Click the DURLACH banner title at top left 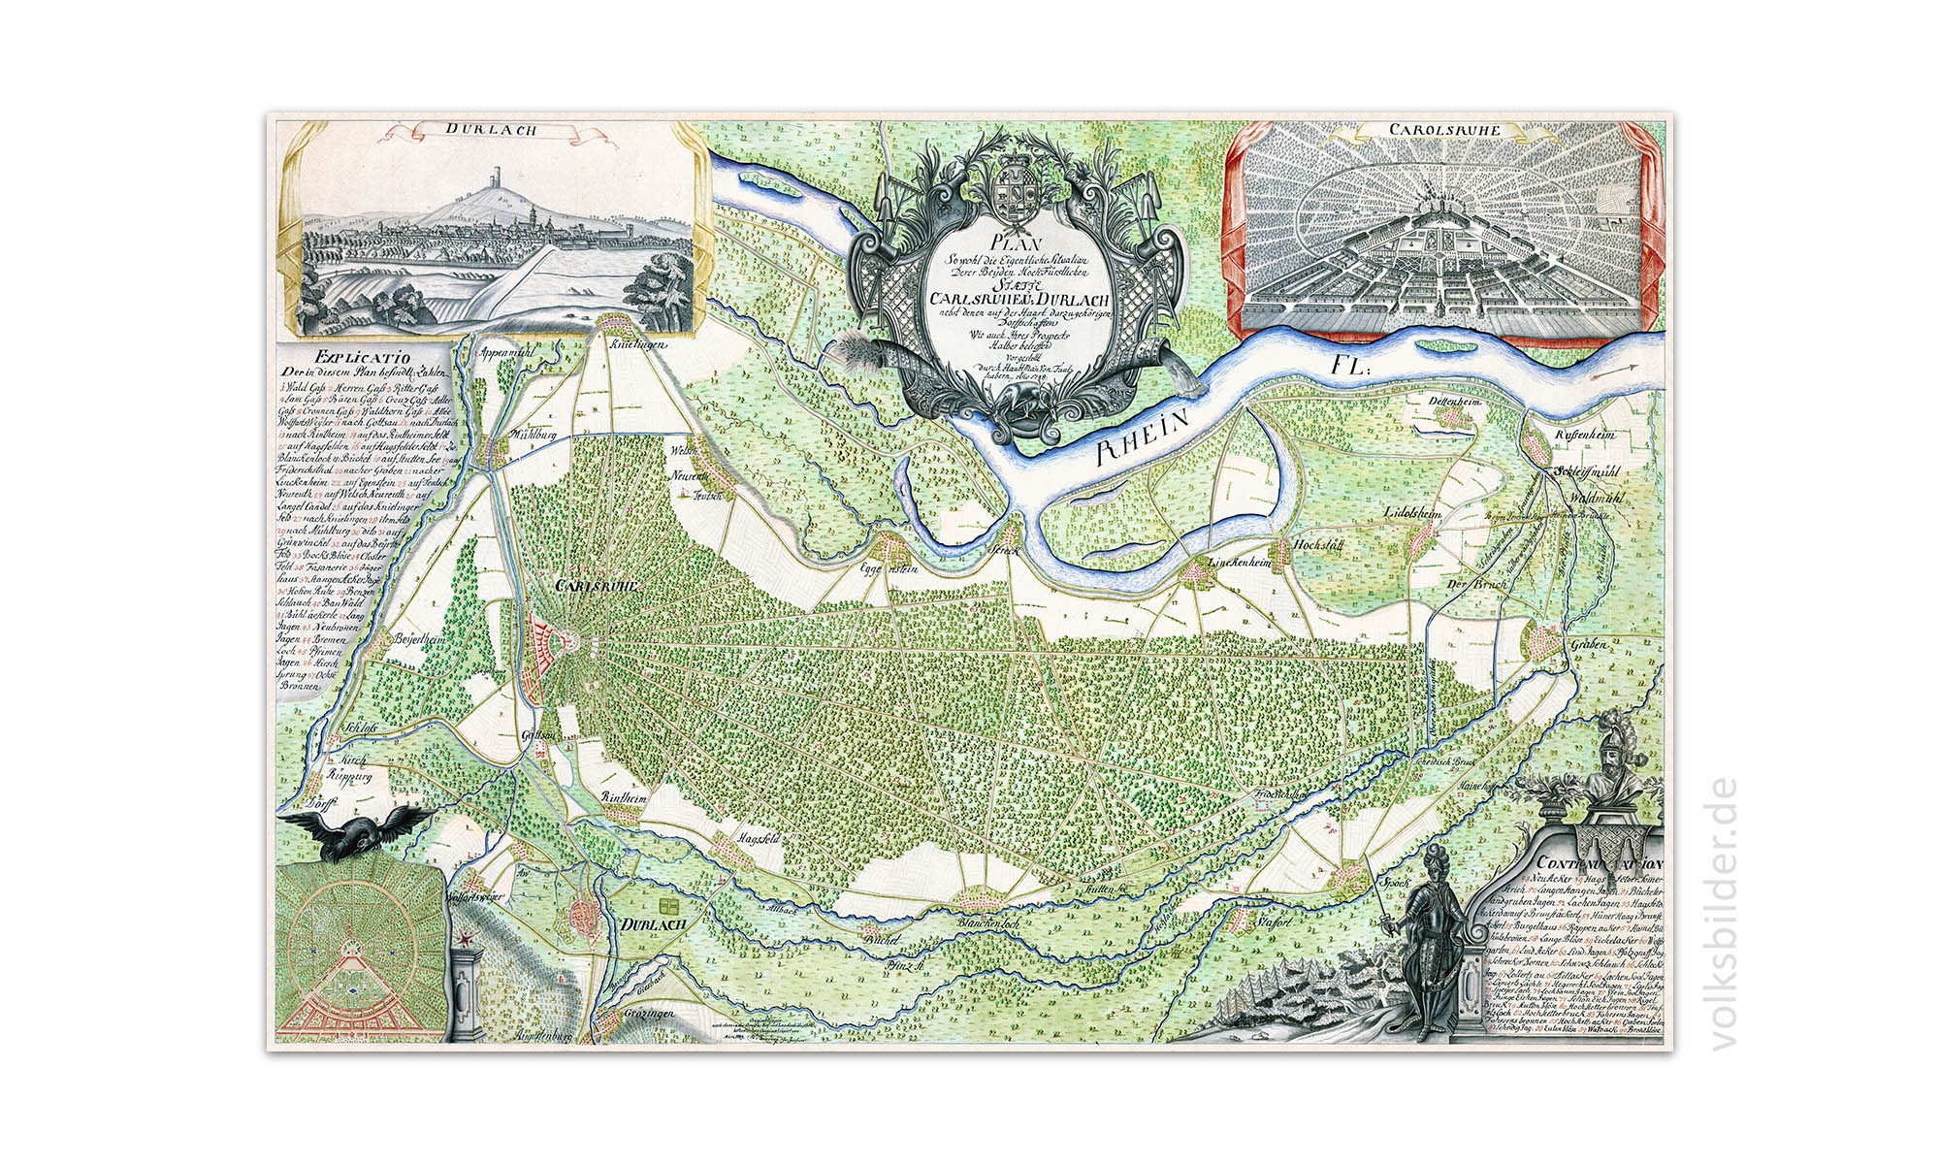[491, 129]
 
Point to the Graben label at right [1590, 644]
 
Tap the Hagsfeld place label [759, 837]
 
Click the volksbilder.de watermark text [1724, 912]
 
